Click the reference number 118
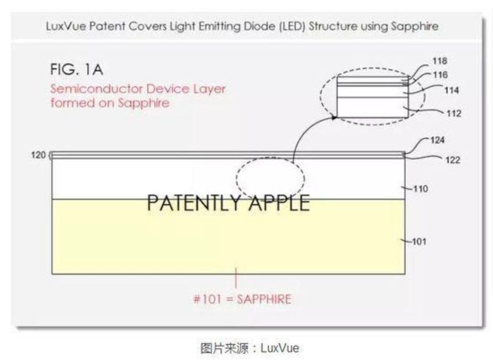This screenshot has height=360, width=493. [440, 61]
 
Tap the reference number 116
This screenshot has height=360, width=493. [440, 74]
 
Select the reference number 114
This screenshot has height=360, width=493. [451, 90]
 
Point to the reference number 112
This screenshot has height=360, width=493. [454, 113]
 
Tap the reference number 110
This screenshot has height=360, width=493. [420, 189]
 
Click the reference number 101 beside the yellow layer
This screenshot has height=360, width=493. [419, 241]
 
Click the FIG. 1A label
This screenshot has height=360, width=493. [77, 71]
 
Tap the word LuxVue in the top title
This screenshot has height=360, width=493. [62, 26]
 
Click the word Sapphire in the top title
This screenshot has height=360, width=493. [415, 26]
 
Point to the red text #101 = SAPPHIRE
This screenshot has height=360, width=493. [242, 300]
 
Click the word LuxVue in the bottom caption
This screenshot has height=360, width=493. [280, 348]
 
